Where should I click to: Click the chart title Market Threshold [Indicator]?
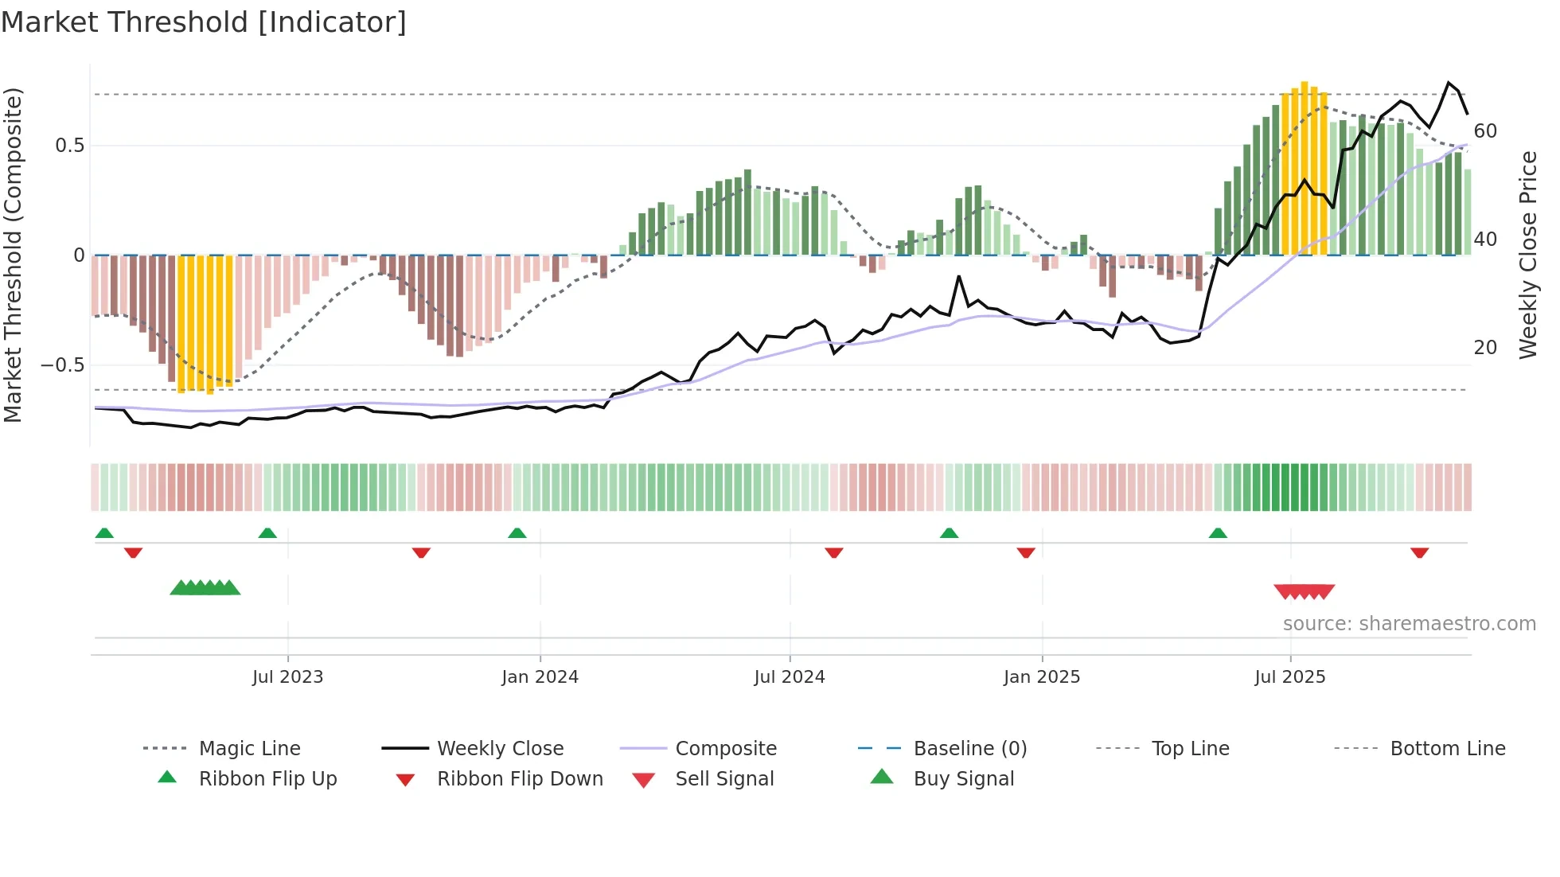tap(204, 22)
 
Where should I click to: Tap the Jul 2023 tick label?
tap(287, 677)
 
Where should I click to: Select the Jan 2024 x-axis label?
tap(540, 677)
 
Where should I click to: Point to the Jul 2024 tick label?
tap(789, 677)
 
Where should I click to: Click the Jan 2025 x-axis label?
tap(1041, 677)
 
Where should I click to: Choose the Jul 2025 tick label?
tap(1289, 677)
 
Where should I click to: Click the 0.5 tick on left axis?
tap(69, 146)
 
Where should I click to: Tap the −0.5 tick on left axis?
tap(63, 365)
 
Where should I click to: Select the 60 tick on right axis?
tap(1485, 131)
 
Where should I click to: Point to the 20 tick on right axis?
tap(1485, 348)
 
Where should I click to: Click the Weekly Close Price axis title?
tap(1527, 255)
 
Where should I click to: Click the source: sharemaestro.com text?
tap(1409, 624)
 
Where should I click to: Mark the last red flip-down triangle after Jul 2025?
tap(1419, 552)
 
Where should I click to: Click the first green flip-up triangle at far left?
tap(104, 533)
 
